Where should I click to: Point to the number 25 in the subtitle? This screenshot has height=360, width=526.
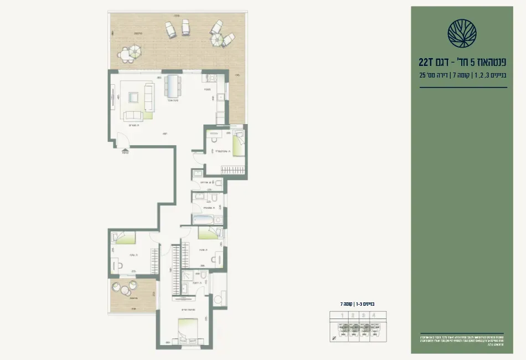click(422, 75)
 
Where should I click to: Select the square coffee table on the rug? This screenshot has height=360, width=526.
click(133, 97)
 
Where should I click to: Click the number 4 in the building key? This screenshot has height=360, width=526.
click(374, 316)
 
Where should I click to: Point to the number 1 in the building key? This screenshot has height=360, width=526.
click(343, 316)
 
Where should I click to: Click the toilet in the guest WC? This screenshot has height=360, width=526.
click(218, 183)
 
